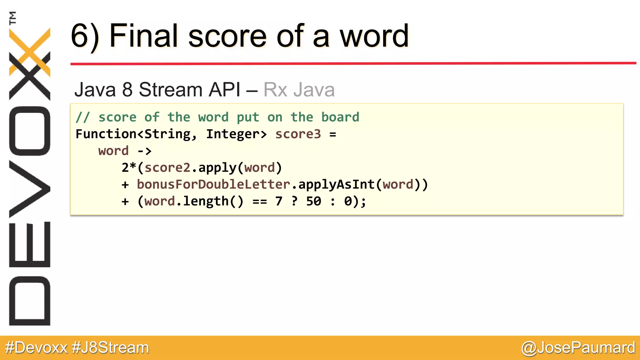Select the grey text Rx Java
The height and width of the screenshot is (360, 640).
299,90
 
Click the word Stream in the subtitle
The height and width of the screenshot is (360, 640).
171,90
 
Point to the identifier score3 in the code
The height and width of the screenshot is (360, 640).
298,134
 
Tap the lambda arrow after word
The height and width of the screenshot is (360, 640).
145,151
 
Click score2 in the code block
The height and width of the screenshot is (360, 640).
167,168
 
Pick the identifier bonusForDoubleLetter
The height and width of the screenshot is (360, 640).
213,184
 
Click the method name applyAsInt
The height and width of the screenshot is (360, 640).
337,184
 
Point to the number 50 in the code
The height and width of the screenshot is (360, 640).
313,201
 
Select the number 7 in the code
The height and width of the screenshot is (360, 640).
279,201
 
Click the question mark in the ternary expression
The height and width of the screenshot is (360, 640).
294,201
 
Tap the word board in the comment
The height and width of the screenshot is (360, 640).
340,117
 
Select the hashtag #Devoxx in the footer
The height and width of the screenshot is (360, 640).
36,348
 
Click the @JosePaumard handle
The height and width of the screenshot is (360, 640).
578,348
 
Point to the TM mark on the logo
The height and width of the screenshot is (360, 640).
12,18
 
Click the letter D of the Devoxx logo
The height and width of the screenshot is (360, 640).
30,301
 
